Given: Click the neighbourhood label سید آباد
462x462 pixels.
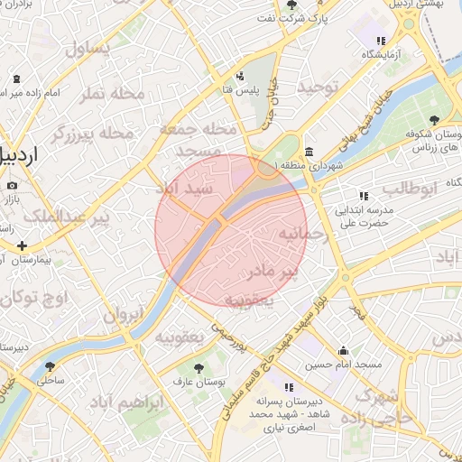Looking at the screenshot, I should click(185, 189).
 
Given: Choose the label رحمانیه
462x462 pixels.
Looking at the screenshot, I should click(286, 235).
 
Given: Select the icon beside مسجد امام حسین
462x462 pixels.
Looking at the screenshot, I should click(343, 351).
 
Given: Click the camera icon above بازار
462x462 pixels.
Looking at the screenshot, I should click(12, 185).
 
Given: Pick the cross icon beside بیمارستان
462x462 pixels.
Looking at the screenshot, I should click(22, 245).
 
